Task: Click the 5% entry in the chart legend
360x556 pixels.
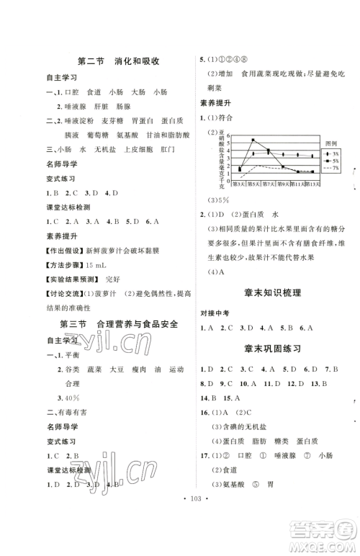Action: point(332,161)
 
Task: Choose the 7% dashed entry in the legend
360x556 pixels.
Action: point(332,169)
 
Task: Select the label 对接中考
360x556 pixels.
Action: point(215,313)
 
